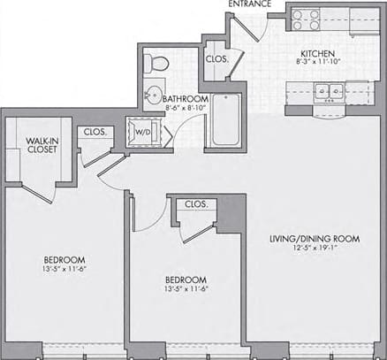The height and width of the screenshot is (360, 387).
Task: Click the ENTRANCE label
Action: tap(250, 4)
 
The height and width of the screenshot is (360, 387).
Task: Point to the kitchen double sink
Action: tap(327, 90)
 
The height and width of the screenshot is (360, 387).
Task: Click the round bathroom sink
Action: tap(152, 96)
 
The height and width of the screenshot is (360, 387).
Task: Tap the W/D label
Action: tap(140, 133)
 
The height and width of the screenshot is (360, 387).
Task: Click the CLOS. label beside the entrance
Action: tap(216, 59)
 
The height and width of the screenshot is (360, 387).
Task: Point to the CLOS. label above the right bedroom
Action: tap(196, 204)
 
